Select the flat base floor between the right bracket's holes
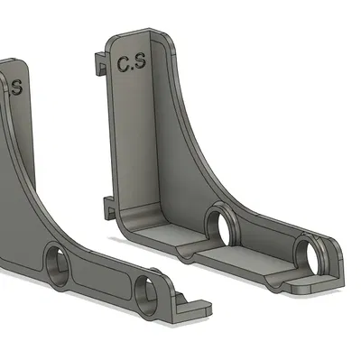[x=257, y=257]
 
